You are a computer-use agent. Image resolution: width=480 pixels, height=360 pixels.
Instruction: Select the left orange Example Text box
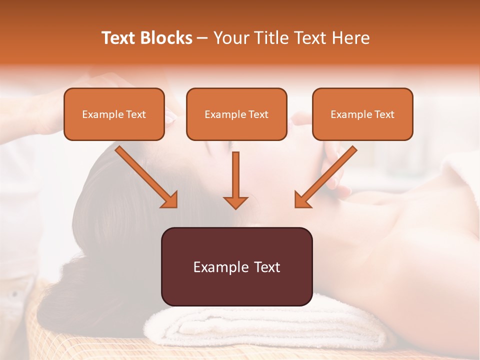point(114,114)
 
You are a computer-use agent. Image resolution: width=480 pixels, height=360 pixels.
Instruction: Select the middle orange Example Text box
point(236,114)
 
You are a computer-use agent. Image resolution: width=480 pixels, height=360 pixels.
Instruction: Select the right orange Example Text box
point(362,114)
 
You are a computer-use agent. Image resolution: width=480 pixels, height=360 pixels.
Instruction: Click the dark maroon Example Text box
point(236,266)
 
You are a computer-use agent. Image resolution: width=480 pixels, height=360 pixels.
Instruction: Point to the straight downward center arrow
point(235,175)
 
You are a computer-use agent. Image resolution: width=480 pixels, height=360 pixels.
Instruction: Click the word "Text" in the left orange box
point(136,114)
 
